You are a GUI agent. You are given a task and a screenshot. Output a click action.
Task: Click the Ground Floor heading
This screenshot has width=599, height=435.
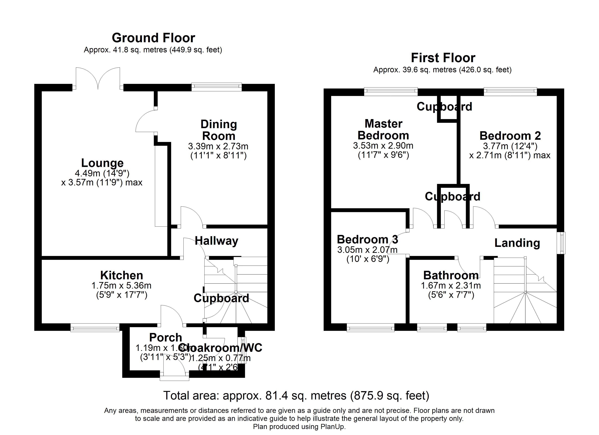pyautogui.click(x=153, y=38)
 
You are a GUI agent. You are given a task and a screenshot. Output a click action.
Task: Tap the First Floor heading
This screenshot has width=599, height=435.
pyautogui.click(x=443, y=58)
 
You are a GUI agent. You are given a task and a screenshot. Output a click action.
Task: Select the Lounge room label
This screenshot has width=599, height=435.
pyautogui.click(x=102, y=163)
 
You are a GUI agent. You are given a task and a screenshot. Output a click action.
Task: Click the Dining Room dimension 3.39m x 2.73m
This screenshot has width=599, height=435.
pyautogui.click(x=218, y=146)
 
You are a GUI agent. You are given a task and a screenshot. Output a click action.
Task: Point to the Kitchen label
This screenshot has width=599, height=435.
pyautogui.click(x=121, y=275)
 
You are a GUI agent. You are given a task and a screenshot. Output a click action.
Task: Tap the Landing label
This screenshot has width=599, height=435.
pyautogui.click(x=517, y=243)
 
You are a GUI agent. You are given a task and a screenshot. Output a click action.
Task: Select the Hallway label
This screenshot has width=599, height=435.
pyautogui.click(x=216, y=241)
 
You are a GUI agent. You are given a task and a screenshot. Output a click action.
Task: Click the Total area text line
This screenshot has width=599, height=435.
pyautogui.click(x=296, y=396)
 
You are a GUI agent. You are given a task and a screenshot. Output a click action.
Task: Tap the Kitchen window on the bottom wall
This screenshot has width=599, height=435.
pyautogui.click(x=95, y=328)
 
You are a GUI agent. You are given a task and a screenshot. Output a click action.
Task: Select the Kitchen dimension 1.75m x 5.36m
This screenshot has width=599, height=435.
pyautogui.click(x=121, y=285)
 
